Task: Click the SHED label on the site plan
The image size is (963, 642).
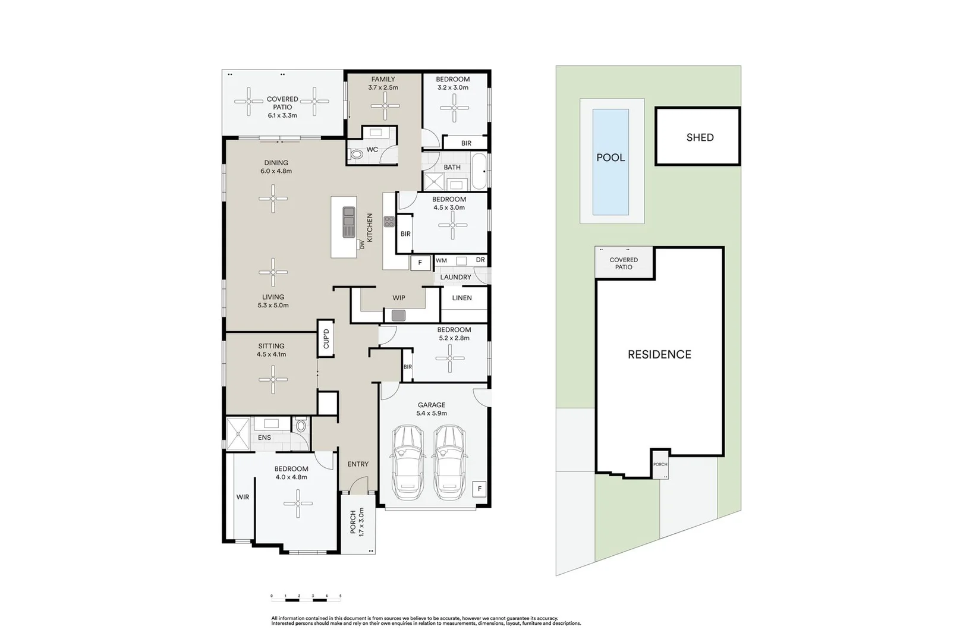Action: click(x=700, y=137)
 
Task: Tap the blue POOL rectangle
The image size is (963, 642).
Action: click(x=610, y=162)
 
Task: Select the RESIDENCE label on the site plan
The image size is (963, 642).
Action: click(x=659, y=354)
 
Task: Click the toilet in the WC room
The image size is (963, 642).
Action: click(x=357, y=155)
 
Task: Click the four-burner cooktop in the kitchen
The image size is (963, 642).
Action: click(x=389, y=222)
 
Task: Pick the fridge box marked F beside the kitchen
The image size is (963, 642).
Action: click(x=420, y=262)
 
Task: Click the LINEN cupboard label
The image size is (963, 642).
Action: click(x=462, y=298)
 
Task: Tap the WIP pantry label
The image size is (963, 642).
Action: click(x=399, y=298)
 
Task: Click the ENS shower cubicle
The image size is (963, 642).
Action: click(x=238, y=435)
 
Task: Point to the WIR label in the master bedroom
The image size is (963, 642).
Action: click(x=243, y=497)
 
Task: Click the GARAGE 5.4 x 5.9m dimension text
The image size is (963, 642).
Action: click(x=432, y=413)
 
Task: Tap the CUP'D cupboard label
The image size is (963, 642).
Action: click(x=326, y=339)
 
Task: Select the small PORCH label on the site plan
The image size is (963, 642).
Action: click(x=660, y=464)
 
